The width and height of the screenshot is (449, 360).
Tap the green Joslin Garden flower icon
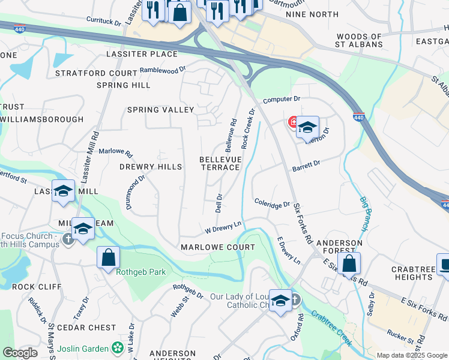pyautogui.click(x=118, y=347)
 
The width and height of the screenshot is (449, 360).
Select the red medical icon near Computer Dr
pyautogui.click(x=294, y=122)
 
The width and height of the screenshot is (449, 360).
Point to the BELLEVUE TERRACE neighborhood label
pyautogui.click(x=220, y=163)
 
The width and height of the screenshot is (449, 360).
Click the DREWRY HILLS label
pyautogui.click(x=150, y=167)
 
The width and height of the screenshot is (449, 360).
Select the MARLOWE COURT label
pyautogui.click(x=217, y=247)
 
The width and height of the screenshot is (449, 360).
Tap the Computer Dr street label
pyautogui.click(x=281, y=99)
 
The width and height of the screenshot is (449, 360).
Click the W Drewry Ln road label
pyautogui.click(x=223, y=227)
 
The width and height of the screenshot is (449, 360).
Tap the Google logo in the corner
pyautogui.click(x=20, y=353)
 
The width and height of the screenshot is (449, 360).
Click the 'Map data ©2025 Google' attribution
pyautogui.click(x=412, y=355)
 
